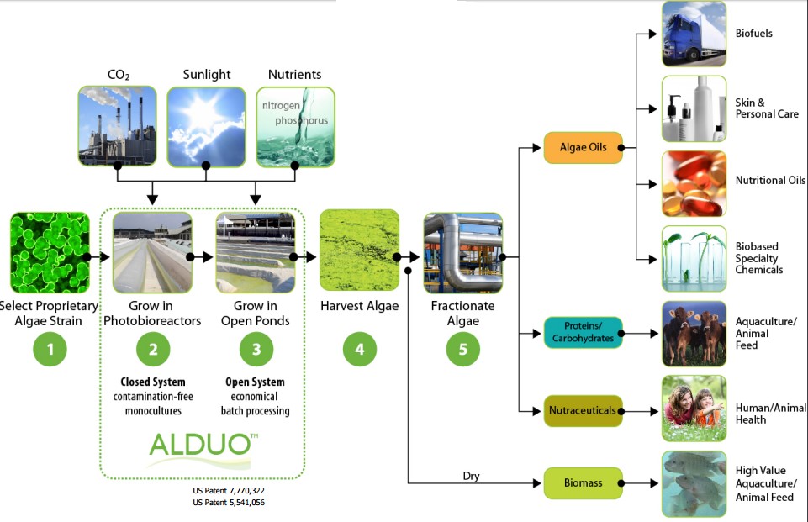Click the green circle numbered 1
coord(50,350)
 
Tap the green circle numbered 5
coord(462,350)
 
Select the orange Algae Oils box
coord(583,147)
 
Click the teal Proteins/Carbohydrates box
coord(583,333)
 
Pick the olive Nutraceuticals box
coord(583,410)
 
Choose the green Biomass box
coord(583,483)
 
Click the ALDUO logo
coord(200,446)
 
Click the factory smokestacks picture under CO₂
coord(117,125)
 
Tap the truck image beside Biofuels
coord(694,34)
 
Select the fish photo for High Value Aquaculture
coord(694,483)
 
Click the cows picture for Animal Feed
coord(694,334)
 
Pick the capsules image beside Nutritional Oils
coord(694,182)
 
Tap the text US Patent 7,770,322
coord(229,490)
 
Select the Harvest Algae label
coord(360,306)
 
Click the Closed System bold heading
coord(152,382)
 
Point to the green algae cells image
coord(50,252)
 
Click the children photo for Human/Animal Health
coord(694,409)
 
